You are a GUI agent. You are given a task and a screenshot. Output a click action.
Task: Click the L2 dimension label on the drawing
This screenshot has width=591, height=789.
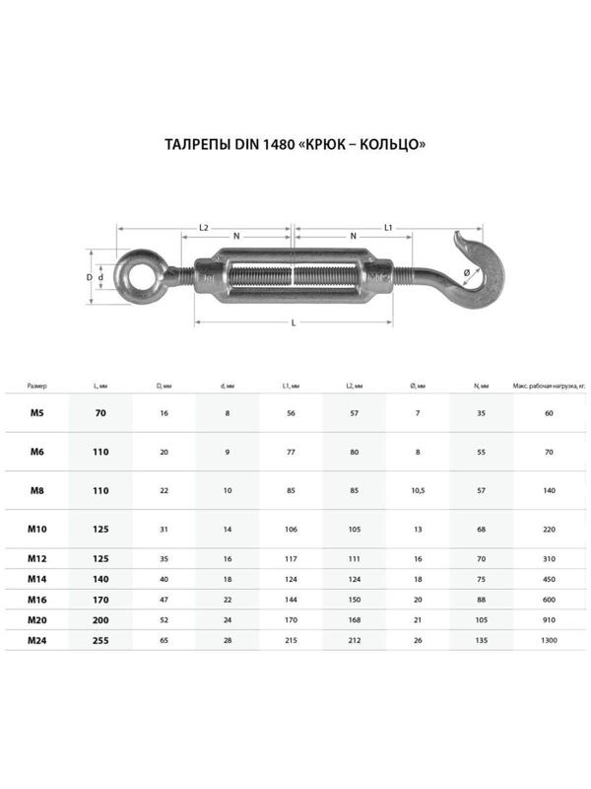tap(204, 228)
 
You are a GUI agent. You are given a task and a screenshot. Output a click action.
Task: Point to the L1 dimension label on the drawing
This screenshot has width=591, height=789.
tap(389, 228)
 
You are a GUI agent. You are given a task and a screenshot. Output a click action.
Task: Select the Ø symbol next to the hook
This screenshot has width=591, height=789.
tap(466, 273)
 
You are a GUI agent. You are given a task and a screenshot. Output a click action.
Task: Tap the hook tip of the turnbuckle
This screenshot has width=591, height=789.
tap(459, 235)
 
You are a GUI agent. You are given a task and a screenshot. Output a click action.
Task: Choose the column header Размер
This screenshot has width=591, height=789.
tap(36, 386)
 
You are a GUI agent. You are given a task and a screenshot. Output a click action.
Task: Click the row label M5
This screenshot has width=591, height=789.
tap(36, 413)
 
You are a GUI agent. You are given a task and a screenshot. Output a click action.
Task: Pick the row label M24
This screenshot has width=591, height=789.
tap(36, 640)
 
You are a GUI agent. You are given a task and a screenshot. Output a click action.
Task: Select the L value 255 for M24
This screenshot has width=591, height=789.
tap(100, 640)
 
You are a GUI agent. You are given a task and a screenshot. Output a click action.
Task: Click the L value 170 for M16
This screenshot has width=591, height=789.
tap(100, 600)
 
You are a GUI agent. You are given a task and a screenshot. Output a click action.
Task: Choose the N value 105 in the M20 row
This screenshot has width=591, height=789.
tap(481, 620)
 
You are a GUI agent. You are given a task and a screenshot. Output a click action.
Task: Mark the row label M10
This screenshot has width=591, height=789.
tap(36, 529)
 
